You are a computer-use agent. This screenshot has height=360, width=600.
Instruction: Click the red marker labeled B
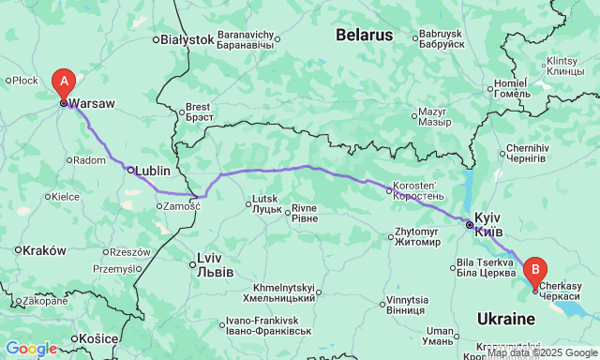pos(535,271)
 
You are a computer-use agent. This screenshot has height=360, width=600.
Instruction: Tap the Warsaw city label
pos(92,105)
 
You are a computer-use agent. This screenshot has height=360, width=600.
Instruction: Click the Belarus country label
pos(364,35)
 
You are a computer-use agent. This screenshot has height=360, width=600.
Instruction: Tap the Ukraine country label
pos(504,319)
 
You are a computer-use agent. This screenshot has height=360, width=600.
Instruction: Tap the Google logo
pos(30,349)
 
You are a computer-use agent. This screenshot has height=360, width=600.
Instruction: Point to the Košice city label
pos(98,337)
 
